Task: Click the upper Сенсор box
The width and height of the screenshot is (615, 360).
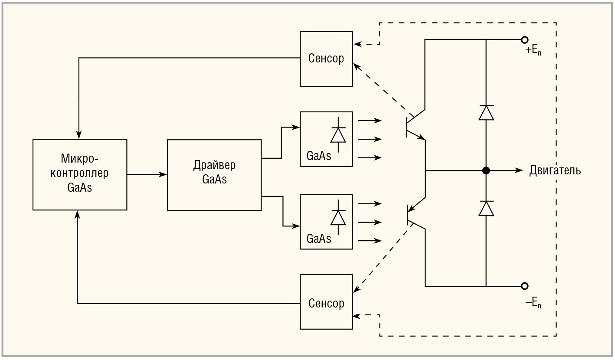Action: tap(326, 59)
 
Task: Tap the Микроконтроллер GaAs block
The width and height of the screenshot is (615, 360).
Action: tap(80, 174)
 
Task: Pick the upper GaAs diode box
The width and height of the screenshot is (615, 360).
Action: tap(326, 139)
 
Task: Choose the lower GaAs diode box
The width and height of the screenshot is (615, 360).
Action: tap(326, 222)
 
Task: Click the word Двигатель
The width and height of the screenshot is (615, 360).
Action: tap(555, 170)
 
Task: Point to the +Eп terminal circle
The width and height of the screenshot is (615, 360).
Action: tap(524, 40)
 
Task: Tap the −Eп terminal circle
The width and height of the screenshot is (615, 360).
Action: tap(524, 286)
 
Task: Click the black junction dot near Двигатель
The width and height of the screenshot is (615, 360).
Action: tap(486, 170)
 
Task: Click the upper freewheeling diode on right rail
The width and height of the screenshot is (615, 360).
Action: tap(486, 113)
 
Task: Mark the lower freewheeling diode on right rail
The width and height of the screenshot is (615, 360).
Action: tap(486, 209)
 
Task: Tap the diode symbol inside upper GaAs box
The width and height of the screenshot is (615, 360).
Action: tap(338, 135)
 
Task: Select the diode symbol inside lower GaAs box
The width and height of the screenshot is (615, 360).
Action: tap(338, 217)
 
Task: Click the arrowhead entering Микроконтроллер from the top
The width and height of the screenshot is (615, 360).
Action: tap(79, 134)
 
